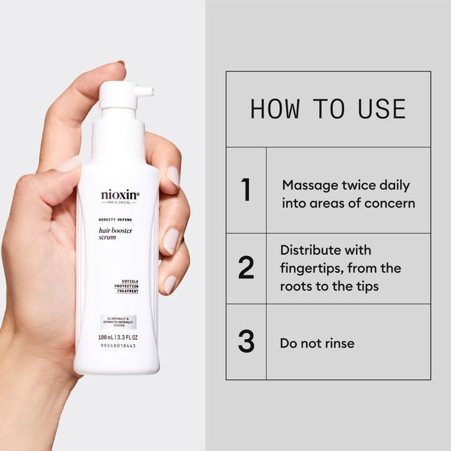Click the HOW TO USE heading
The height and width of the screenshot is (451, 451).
[328, 109]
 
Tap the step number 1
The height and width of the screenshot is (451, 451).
[245, 191]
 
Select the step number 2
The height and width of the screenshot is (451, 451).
[246, 269]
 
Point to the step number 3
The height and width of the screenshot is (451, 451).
[246, 342]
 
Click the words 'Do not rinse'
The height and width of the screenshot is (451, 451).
[317, 343]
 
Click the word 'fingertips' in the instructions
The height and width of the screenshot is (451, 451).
[310, 268]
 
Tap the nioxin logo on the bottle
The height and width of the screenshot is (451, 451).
[119, 195]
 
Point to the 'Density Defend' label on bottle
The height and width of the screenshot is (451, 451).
[114, 220]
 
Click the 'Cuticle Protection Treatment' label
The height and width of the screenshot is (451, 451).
[125, 286]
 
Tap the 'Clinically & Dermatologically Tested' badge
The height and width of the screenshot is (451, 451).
[117, 322]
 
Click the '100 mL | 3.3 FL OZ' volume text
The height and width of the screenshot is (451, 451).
[117, 337]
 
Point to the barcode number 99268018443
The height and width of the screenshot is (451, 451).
[117, 346]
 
